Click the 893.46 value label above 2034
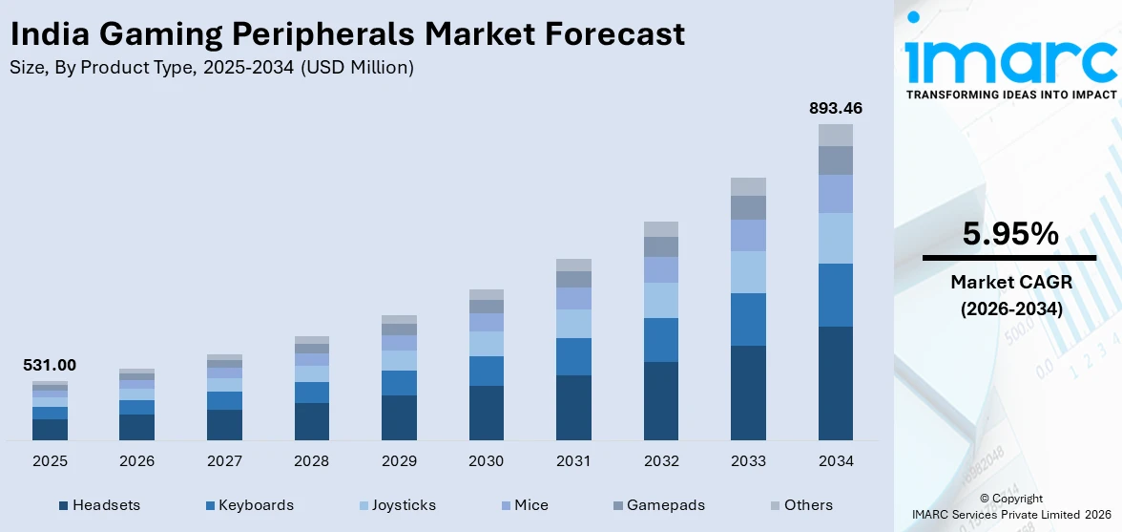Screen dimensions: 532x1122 835,108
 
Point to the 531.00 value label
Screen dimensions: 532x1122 50,365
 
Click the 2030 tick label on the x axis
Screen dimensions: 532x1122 487,461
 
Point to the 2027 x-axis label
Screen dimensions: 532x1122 224,461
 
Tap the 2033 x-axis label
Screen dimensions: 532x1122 748,461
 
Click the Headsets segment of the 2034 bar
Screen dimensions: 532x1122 836,383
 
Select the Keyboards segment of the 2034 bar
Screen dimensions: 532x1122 836,295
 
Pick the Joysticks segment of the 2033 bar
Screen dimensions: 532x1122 748,272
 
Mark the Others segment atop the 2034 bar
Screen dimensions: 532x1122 836,135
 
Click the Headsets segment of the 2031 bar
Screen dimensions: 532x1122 573,408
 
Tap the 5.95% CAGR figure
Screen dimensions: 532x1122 1009,234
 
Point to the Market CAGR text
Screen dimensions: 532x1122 1009,282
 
